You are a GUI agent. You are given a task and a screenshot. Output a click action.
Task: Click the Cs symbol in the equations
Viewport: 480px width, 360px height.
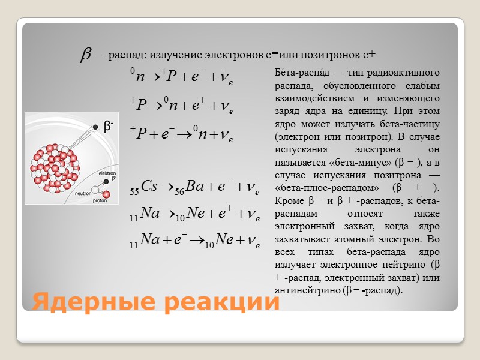pyautogui.click(x=148, y=187)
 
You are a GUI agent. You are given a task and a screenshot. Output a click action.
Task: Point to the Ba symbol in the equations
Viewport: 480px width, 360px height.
pyautogui.click(x=195, y=187)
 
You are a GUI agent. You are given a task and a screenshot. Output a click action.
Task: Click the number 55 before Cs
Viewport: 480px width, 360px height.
pyautogui.click(x=134, y=192)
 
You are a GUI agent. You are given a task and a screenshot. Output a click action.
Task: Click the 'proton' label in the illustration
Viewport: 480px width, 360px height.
pyautogui.click(x=100, y=202)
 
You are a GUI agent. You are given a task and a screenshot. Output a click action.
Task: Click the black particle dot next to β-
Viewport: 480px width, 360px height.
pyautogui.click(x=95, y=127)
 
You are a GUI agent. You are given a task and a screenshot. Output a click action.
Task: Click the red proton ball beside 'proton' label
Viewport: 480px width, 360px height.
pyautogui.click(x=107, y=194)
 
